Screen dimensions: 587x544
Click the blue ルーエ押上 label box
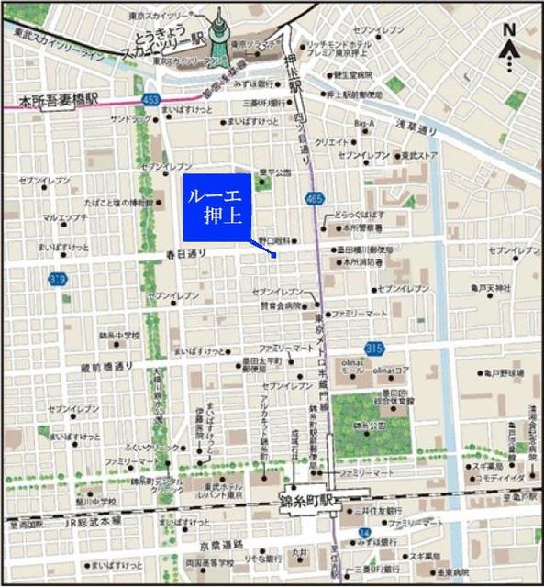click(x=216, y=207)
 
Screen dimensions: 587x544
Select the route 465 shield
click(x=315, y=197)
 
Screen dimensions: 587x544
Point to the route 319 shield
click(x=58, y=279)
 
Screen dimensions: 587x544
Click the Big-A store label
click(x=364, y=123)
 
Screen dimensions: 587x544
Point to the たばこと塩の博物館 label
click(x=117, y=202)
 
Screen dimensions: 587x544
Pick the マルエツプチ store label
click(x=64, y=217)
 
